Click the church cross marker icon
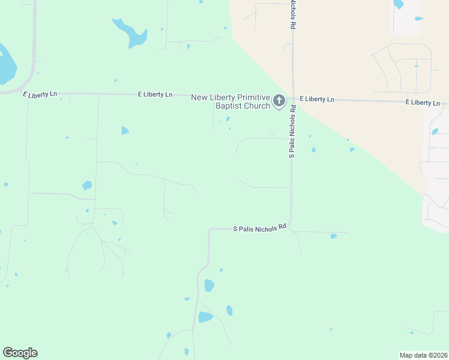[279, 101]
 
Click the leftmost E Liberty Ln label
[40, 94]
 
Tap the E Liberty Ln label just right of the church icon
[316, 99]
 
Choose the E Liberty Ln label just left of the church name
[155, 94]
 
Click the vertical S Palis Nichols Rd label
[292, 131]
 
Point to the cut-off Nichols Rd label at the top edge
[293, 14]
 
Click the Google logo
[20, 353]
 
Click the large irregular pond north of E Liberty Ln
[131, 34]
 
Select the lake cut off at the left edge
[6, 65]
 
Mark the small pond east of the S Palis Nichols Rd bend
[334, 236]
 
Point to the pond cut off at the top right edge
[398, 4]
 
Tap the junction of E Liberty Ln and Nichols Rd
[293, 98]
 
